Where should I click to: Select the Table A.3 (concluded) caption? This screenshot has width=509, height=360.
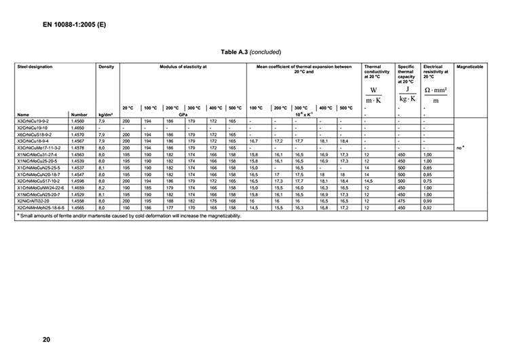click(x=250, y=52)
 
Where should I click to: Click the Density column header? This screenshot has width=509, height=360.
click(x=106, y=67)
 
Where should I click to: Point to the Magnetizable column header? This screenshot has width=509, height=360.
click(x=470, y=67)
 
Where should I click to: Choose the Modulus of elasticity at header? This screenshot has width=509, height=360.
click(x=183, y=67)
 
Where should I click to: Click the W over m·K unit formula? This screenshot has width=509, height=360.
click(x=373, y=94)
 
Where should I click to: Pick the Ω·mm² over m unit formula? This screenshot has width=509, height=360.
click(x=435, y=94)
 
